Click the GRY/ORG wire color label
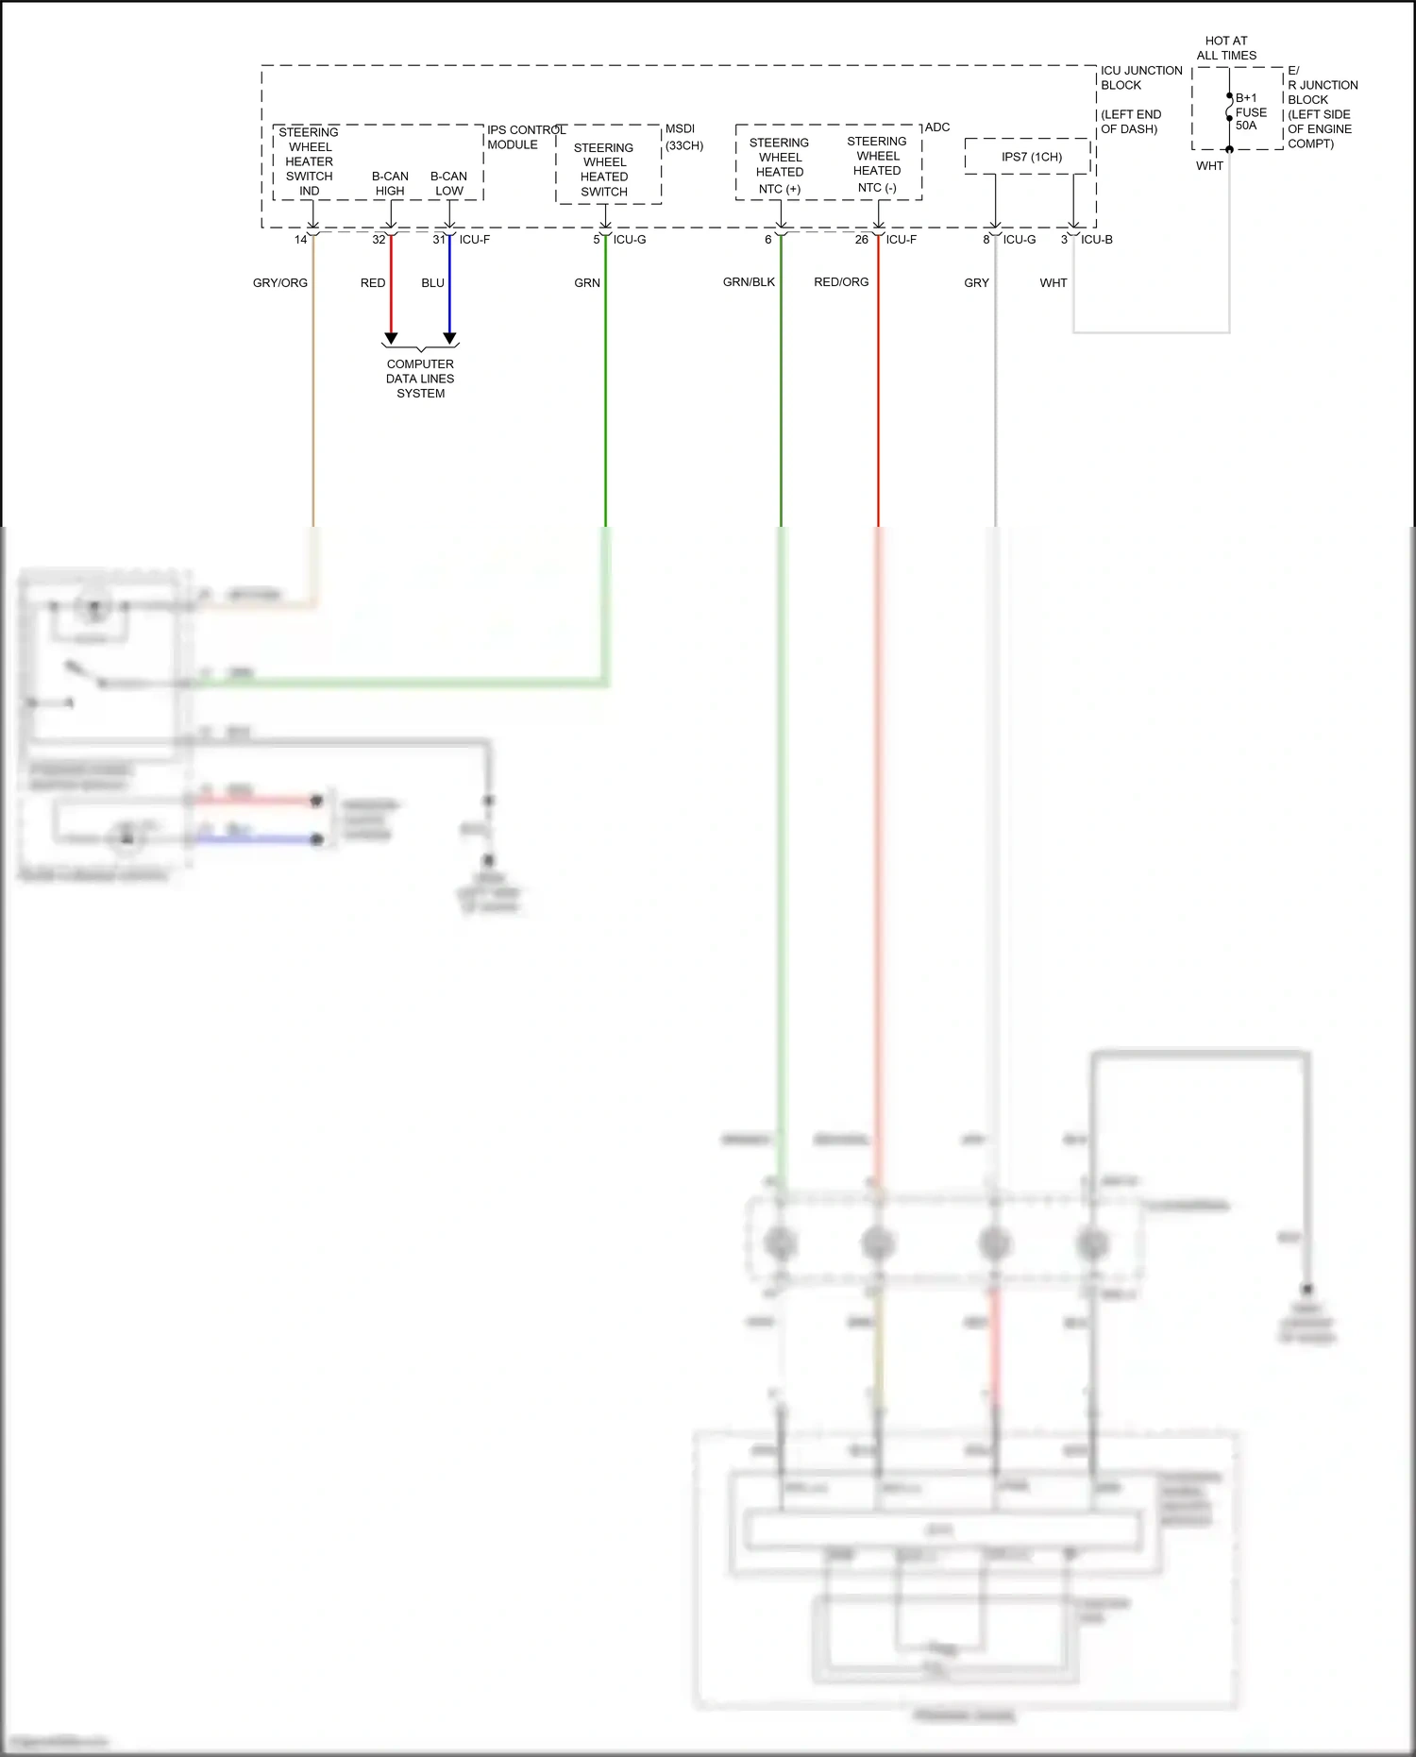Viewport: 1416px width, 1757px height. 279,283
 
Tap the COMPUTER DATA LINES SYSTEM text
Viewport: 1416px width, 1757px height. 420,379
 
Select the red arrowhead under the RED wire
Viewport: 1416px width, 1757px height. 391,338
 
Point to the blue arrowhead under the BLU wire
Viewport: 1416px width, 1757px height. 450,338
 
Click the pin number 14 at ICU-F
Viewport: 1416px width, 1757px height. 300,240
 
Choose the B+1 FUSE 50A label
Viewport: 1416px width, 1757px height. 1250,111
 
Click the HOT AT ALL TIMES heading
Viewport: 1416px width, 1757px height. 1226,48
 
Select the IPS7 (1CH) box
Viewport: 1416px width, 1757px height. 1031,157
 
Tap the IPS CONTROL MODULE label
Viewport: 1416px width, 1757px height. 525,137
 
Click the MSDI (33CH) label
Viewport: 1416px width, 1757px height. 683,137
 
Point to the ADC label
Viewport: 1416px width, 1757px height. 937,127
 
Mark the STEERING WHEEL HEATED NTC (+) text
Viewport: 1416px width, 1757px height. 780,165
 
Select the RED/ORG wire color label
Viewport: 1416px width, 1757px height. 841,282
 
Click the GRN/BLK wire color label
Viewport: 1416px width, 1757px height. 749,282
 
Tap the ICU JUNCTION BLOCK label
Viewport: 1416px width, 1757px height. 1140,77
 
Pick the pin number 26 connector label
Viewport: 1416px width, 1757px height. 861,240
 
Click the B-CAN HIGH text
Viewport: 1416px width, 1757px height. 390,183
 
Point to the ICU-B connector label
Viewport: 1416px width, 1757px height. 1097,240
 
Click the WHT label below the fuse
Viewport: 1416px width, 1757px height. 1209,166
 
